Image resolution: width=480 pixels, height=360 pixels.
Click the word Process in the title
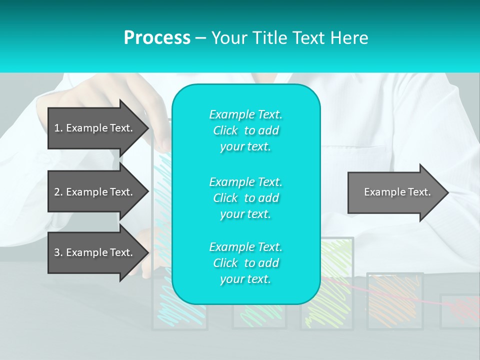coord(157,38)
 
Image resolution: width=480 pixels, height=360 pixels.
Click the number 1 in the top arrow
coord(57,128)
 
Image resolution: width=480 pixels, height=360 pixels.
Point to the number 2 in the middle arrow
coord(57,192)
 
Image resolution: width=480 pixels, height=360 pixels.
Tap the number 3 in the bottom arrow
coord(57,252)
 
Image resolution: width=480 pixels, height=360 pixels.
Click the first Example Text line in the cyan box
coord(245,114)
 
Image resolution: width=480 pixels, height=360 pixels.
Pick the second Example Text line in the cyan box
coord(245,182)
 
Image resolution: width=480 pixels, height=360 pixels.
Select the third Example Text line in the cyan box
coord(245,247)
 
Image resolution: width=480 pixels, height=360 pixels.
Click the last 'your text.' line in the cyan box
coord(245,279)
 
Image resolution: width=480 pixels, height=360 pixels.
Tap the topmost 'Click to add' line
coord(245,130)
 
